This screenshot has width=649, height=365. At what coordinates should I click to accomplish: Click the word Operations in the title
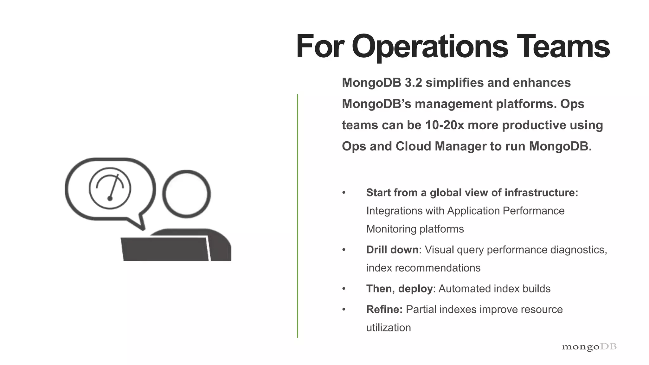(x=430, y=47)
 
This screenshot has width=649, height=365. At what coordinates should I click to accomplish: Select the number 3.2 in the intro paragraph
(x=413, y=83)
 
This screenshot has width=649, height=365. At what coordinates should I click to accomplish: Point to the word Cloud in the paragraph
(x=413, y=146)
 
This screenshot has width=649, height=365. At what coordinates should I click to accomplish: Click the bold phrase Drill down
(x=392, y=250)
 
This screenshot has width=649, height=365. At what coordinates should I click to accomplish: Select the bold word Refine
(x=384, y=309)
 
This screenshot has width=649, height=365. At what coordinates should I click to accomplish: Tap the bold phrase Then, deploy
(x=399, y=289)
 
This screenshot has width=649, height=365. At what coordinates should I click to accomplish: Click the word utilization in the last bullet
(x=389, y=327)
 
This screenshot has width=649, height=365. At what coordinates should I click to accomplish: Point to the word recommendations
(x=437, y=268)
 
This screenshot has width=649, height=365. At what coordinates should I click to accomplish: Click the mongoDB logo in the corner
(x=589, y=347)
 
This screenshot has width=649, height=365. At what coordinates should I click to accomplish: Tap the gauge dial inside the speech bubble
(x=110, y=189)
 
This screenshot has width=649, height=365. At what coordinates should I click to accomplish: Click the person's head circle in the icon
(x=186, y=194)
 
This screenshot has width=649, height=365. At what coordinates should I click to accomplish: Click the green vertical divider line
(x=297, y=215)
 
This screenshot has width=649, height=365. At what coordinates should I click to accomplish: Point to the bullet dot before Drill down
(x=344, y=250)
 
